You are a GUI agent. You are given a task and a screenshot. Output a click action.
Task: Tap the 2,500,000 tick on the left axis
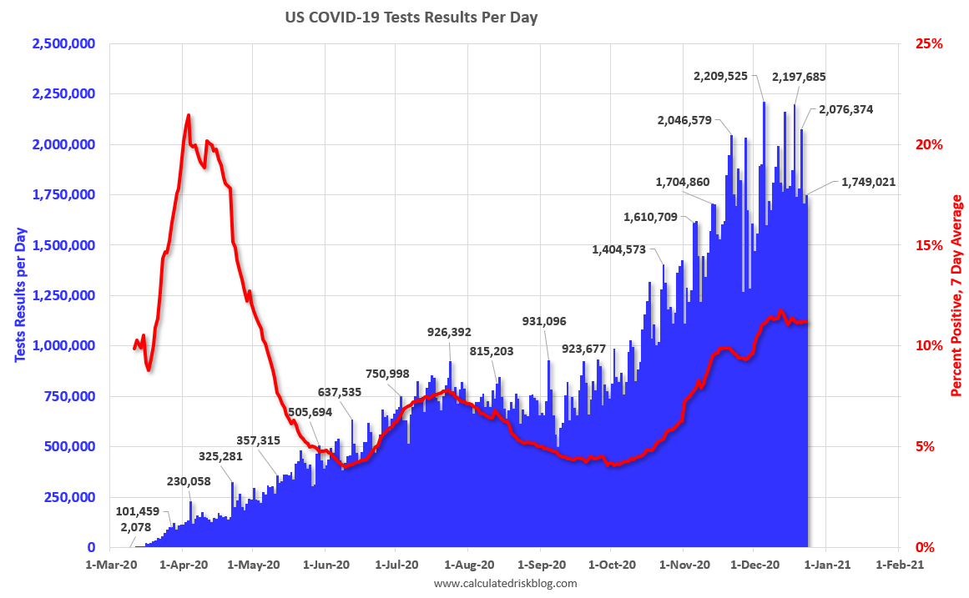63,43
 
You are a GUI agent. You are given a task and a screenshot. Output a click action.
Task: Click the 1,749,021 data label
868,181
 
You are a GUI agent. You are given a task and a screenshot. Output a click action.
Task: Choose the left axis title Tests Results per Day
20,294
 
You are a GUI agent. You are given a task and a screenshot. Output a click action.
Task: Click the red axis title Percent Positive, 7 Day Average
956,296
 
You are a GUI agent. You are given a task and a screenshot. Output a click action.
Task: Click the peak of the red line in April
188,115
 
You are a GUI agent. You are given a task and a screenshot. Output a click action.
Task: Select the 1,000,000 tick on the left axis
63,345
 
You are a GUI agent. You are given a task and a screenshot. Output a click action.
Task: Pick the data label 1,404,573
626,249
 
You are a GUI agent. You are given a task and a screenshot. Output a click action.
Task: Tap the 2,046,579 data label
684,120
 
